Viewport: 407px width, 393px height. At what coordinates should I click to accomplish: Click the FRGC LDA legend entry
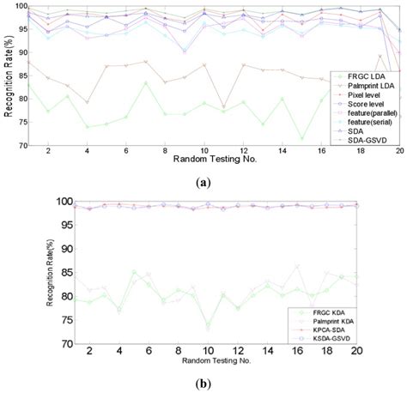tap(361, 76)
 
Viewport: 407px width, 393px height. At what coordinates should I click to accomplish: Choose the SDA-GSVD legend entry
tap(364, 141)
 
